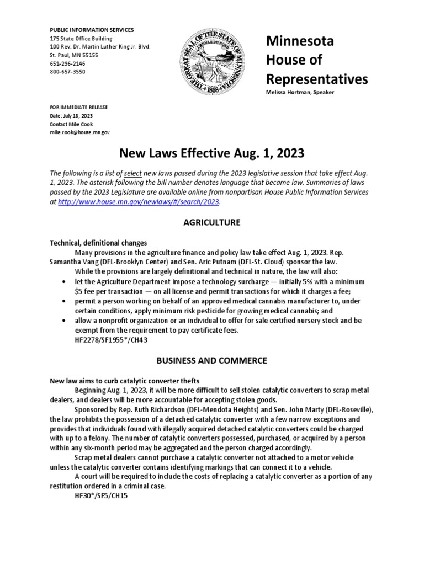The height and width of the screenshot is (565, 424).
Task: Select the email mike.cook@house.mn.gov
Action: point(80,133)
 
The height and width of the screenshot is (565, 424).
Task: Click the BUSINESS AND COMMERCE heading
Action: point(211,360)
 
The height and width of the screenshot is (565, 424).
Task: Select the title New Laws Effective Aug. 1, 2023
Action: point(211,152)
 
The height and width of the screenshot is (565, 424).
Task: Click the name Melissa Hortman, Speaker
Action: point(300,92)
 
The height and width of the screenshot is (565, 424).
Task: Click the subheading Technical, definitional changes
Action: point(98,243)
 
